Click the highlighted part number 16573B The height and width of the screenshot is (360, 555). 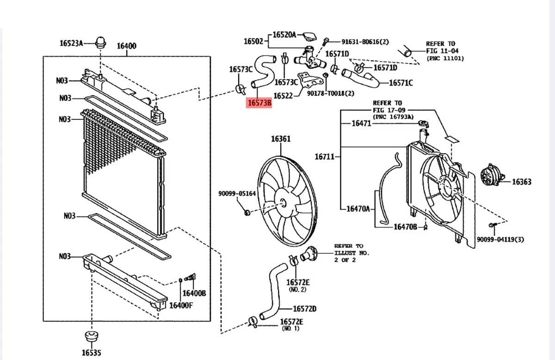tap(259, 103)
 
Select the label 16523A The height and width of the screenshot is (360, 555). tap(71, 43)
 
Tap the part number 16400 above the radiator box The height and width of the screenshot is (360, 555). tap(127, 46)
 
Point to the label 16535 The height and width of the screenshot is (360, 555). tap(92, 353)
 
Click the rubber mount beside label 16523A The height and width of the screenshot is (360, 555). tap(101, 43)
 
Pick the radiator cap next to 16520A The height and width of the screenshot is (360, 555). tap(310, 36)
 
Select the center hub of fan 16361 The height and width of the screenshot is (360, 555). tap(283, 203)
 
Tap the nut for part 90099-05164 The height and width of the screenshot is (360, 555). tap(247, 212)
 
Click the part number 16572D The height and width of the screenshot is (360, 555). tap(305, 309)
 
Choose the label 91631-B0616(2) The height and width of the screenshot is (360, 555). tap(365, 42)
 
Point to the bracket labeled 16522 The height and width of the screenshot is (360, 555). tap(310, 81)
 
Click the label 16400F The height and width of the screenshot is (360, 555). tap(181, 305)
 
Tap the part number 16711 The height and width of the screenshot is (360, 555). tap(325, 157)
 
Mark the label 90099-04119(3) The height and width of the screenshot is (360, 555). tap(500, 240)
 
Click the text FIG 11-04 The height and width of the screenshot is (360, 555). tap(442, 51)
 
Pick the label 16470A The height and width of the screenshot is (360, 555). tap(358, 209)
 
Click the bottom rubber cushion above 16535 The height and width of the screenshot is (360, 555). tap(92, 336)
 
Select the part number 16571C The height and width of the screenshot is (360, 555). tap(401, 83)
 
